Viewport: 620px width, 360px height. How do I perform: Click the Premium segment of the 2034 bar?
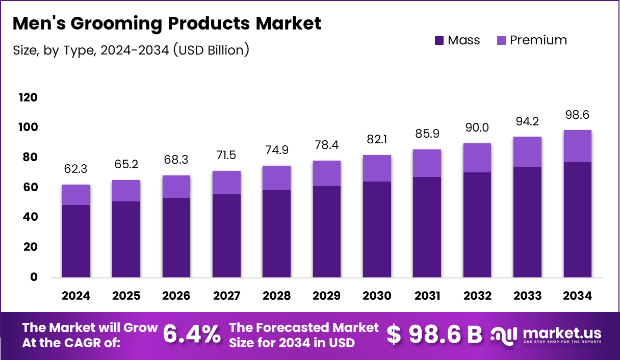click(577, 146)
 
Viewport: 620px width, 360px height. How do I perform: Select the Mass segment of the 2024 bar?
click(76, 241)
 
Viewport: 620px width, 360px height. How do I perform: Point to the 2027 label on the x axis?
click(226, 296)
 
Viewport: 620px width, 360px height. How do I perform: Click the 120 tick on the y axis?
click(28, 97)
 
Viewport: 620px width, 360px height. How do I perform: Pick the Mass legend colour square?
click(439, 41)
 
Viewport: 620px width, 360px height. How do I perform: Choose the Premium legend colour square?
click(501, 41)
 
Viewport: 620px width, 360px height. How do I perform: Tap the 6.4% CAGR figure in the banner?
click(192, 335)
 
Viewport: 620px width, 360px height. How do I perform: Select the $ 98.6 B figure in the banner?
click(434, 335)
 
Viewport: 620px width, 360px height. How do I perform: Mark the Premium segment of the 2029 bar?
click(326, 173)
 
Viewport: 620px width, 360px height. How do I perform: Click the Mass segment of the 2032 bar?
click(477, 224)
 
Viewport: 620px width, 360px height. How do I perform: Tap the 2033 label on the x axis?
click(527, 296)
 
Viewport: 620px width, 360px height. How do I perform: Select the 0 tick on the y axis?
click(33, 277)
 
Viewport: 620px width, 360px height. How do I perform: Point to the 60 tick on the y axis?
click(31, 187)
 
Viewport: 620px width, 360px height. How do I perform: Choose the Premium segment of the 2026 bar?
click(176, 187)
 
